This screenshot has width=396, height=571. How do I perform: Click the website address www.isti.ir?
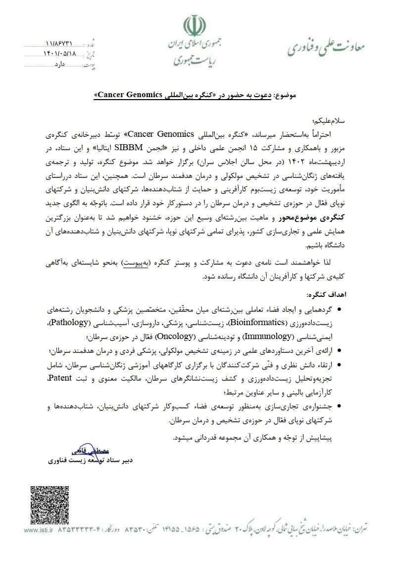coord(37,530)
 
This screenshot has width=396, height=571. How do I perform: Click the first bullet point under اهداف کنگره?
coord(338,310)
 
